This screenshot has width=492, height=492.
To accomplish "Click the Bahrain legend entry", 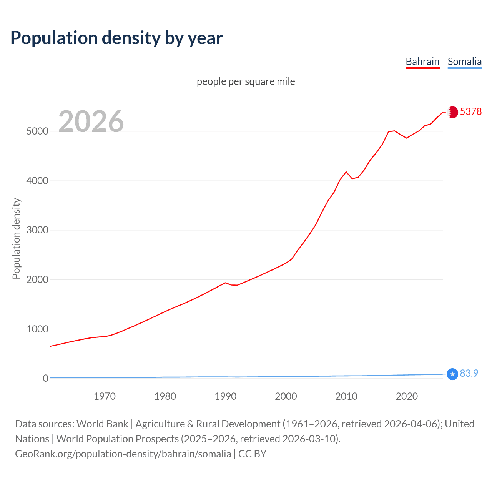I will click(x=422, y=61).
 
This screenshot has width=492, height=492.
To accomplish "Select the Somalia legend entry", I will click(x=464, y=61).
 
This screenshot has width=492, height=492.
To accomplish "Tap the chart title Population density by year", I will click(x=116, y=38).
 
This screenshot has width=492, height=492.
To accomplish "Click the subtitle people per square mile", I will click(x=246, y=81).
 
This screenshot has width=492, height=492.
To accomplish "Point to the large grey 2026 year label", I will click(x=91, y=121).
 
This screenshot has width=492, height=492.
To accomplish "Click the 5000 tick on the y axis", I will click(x=37, y=131).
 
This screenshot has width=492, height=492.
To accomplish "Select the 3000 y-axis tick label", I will click(x=37, y=230).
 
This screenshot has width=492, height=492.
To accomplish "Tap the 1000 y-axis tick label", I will click(x=37, y=329).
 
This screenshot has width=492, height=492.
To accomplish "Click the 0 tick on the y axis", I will click(x=46, y=378).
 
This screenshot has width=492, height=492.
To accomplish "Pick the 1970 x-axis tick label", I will click(x=105, y=396).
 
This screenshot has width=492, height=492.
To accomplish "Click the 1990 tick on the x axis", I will click(x=226, y=396).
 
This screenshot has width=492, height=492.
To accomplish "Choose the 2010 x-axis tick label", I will click(x=346, y=396).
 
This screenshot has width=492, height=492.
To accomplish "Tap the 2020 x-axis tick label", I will click(x=407, y=396).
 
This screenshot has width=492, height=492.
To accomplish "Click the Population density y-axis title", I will click(x=16, y=238).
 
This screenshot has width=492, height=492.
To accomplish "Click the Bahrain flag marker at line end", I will click(x=453, y=112).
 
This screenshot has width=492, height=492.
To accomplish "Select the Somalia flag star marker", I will click(x=452, y=374).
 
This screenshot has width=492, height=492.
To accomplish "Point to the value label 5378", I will click(x=470, y=111).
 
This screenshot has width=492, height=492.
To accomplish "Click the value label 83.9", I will click(x=469, y=373).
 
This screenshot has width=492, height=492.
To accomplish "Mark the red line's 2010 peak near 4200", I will click(x=346, y=172).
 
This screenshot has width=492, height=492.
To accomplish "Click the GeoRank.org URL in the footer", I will click(x=123, y=454).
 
